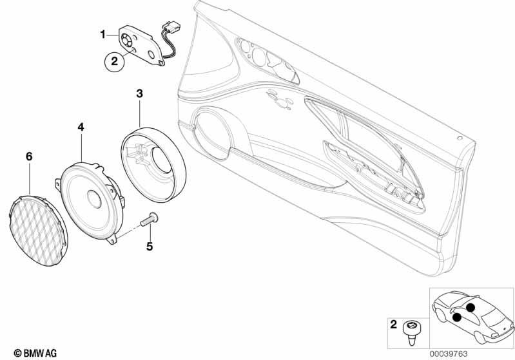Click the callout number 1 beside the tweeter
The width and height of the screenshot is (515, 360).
pyautogui.click(x=102, y=34)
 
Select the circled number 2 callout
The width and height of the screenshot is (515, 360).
pyautogui.click(x=114, y=61)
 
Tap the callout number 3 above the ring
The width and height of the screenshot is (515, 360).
pyautogui.click(x=140, y=93)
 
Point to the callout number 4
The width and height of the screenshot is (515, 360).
pyautogui.click(x=81, y=127)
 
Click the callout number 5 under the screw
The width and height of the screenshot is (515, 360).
pyautogui.click(x=150, y=246)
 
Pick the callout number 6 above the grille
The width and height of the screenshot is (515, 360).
pyautogui.click(x=29, y=156)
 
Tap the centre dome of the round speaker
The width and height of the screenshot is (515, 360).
pyautogui.click(x=95, y=199)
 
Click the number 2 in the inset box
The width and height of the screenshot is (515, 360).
pyautogui.click(x=393, y=325)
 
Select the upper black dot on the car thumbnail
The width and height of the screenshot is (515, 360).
pyautogui.click(x=471, y=307)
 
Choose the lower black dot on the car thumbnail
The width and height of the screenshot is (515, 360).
pyautogui.click(x=456, y=317)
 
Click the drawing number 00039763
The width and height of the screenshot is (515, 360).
pyautogui.click(x=449, y=354)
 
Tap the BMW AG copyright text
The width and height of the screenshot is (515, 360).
pyautogui.click(x=35, y=354)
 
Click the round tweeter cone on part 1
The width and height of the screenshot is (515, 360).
pyautogui.click(x=126, y=40)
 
